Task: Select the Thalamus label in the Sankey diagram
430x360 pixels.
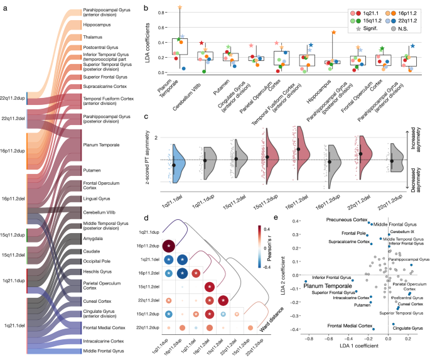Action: pyautogui.click(x=93, y=37)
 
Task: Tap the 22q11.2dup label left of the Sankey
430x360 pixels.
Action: pyautogui.click(x=13, y=98)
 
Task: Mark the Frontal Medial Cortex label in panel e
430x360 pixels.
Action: pyautogui.click(x=348, y=326)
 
